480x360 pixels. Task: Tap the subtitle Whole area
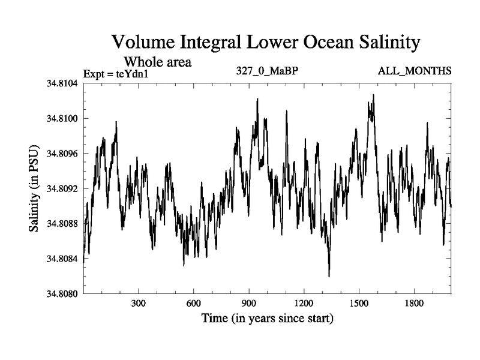158,62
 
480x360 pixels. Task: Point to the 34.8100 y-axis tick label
61,118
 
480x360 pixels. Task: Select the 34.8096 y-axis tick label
61,154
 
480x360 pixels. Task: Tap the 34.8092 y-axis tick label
61,188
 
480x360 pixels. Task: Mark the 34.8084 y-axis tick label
61,259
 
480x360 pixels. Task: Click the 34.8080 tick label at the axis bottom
61,293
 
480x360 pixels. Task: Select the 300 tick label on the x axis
139,303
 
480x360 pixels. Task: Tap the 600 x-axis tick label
194,303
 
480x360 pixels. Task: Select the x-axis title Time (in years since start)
267,318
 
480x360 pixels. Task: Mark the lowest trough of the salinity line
329,276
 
